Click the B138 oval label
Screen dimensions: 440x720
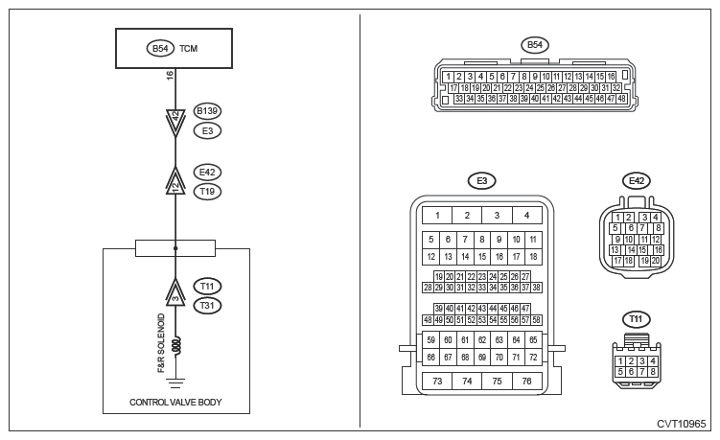pyautogui.click(x=207, y=110)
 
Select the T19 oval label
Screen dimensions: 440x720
pyautogui.click(x=207, y=192)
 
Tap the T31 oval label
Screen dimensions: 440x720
pyautogui.click(x=207, y=306)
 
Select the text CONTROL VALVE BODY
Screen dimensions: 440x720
pyautogui.click(x=175, y=403)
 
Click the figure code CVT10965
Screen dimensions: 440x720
pyautogui.click(x=681, y=424)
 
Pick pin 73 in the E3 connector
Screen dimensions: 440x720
pyautogui.click(x=437, y=381)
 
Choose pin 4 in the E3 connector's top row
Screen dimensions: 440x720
pyautogui.click(x=526, y=216)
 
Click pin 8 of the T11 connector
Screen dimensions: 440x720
pyautogui.click(x=652, y=370)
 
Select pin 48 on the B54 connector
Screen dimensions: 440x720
pyautogui.click(x=621, y=99)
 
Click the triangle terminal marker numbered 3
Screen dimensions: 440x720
pyautogui.click(x=175, y=290)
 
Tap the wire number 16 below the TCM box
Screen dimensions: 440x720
pyautogui.click(x=171, y=76)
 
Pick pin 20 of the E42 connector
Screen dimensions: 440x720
pyautogui.click(x=655, y=261)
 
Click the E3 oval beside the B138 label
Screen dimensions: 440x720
pyautogui.click(x=207, y=128)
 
